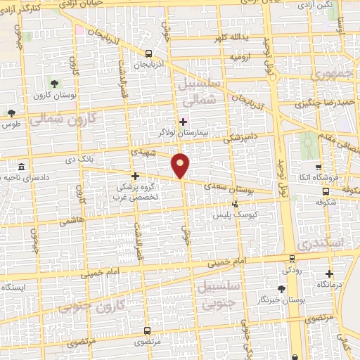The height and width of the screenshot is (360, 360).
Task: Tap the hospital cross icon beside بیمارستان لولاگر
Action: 184,122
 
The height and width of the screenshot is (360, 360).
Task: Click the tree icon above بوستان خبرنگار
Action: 282,288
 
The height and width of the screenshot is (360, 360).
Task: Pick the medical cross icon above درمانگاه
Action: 329,274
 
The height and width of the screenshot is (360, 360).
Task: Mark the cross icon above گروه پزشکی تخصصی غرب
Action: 135,176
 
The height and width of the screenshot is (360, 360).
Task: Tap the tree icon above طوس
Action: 11,113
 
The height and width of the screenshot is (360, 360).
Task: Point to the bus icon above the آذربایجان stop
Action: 148,53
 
